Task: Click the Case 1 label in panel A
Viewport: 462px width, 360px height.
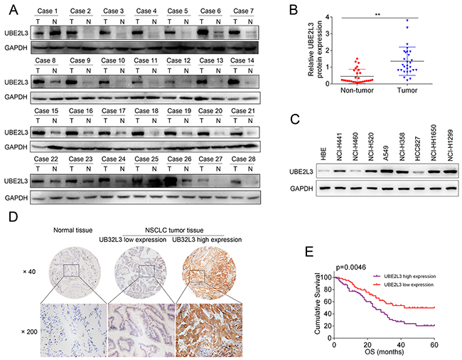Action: (47, 11)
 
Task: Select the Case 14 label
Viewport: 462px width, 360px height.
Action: (243, 60)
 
